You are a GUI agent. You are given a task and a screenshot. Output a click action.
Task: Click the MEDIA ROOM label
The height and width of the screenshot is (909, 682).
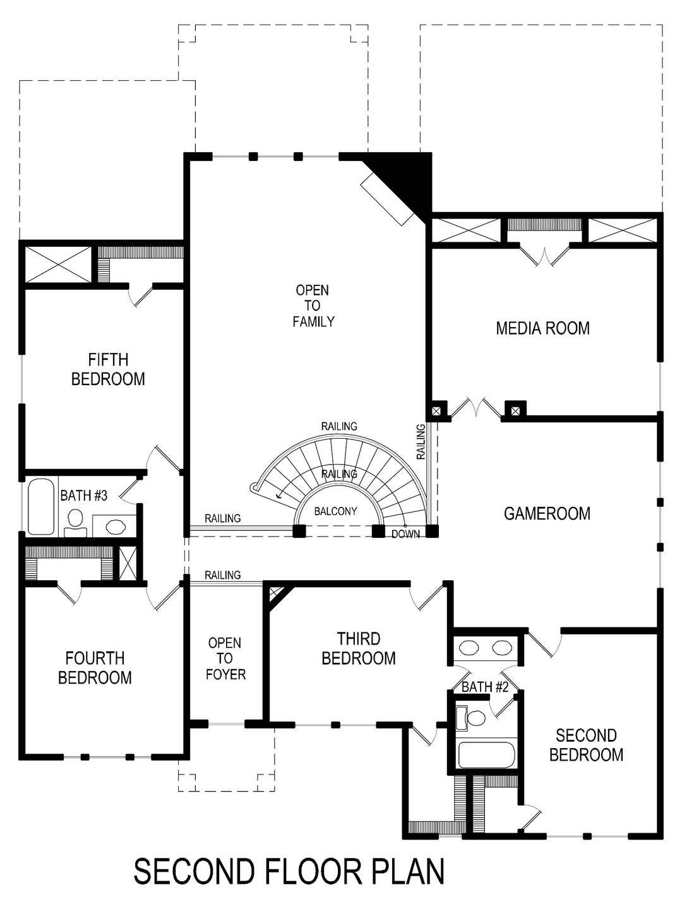point(542,328)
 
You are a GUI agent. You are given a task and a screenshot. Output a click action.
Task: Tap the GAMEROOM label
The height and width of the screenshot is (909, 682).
point(547,513)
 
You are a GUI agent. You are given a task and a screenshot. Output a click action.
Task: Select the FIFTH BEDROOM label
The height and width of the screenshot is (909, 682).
point(108,369)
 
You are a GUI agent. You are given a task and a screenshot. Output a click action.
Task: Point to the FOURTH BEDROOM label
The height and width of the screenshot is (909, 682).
point(95,668)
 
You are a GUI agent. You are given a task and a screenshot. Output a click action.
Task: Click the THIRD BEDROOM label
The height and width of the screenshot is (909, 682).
point(358,648)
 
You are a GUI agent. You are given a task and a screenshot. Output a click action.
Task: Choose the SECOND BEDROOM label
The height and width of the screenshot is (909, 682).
point(586,745)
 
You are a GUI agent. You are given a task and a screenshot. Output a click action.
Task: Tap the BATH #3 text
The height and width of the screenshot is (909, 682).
point(83,496)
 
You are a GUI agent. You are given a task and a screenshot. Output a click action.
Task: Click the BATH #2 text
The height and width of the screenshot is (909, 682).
point(484,687)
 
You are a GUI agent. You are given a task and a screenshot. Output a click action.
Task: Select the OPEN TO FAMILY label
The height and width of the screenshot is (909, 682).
point(313,306)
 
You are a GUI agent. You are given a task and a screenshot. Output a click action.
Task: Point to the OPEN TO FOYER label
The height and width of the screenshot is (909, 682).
point(225,658)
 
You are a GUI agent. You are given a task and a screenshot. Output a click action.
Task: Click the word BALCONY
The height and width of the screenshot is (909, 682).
point(335,511)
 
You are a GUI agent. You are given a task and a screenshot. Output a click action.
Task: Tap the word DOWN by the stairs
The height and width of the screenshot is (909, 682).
point(405,534)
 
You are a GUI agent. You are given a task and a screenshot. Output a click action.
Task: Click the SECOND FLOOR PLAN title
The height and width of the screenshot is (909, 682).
point(289,871)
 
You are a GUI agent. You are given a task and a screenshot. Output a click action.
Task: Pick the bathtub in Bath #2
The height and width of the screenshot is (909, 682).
point(487,754)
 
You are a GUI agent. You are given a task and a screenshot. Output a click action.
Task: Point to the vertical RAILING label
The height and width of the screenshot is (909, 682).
point(421,441)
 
